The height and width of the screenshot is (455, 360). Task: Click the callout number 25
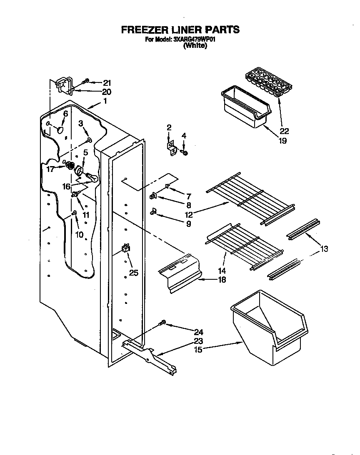tap(133, 273)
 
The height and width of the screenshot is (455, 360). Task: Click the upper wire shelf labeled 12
tap(250, 197)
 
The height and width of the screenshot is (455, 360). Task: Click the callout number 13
tap(324, 249)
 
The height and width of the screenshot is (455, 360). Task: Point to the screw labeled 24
tap(163, 323)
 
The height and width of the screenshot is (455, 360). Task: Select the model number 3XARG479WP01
tap(194, 40)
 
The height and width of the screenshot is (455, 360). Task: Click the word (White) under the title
tap(195, 46)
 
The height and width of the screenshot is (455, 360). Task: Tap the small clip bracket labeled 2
tap(171, 147)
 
